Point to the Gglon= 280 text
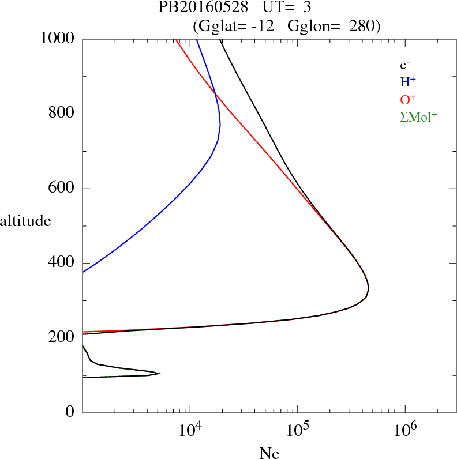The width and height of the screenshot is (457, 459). click(331, 26)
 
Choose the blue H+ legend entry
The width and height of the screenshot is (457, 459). click(408, 82)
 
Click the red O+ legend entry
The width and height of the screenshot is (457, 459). click(408, 100)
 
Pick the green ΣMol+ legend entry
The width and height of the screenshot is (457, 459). click(418, 117)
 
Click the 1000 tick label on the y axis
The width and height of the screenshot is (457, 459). click(58, 39)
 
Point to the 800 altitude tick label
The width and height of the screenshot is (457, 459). click(62, 114)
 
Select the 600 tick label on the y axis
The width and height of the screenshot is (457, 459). click(62, 189)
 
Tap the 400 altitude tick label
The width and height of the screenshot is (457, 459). click(62, 263)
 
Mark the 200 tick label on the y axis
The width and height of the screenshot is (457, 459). click(62, 338)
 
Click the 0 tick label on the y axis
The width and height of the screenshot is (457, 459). click(70, 412)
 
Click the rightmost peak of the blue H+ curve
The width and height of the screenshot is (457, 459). click(220, 126)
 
